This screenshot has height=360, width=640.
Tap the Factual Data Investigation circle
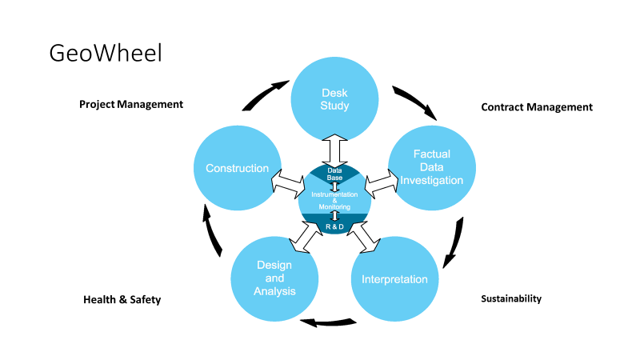[x=431, y=167]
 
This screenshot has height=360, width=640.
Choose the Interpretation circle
[x=394, y=279]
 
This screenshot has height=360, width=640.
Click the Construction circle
[x=237, y=168]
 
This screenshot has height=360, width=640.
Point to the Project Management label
[x=131, y=104]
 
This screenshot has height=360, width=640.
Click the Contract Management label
[x=537, y=106]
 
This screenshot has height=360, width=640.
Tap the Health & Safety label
[x=122, y=300]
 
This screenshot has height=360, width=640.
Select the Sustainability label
[x=511, y=298]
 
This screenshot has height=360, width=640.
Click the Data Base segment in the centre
[x=334, y=172]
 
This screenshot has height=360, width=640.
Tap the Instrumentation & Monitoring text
[x=334, y=201]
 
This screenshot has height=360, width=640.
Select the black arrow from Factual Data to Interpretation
[x=454, y=242]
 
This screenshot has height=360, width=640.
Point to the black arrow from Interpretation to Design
[x=327, y=323]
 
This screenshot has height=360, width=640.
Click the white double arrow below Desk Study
[x=334, y=150]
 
